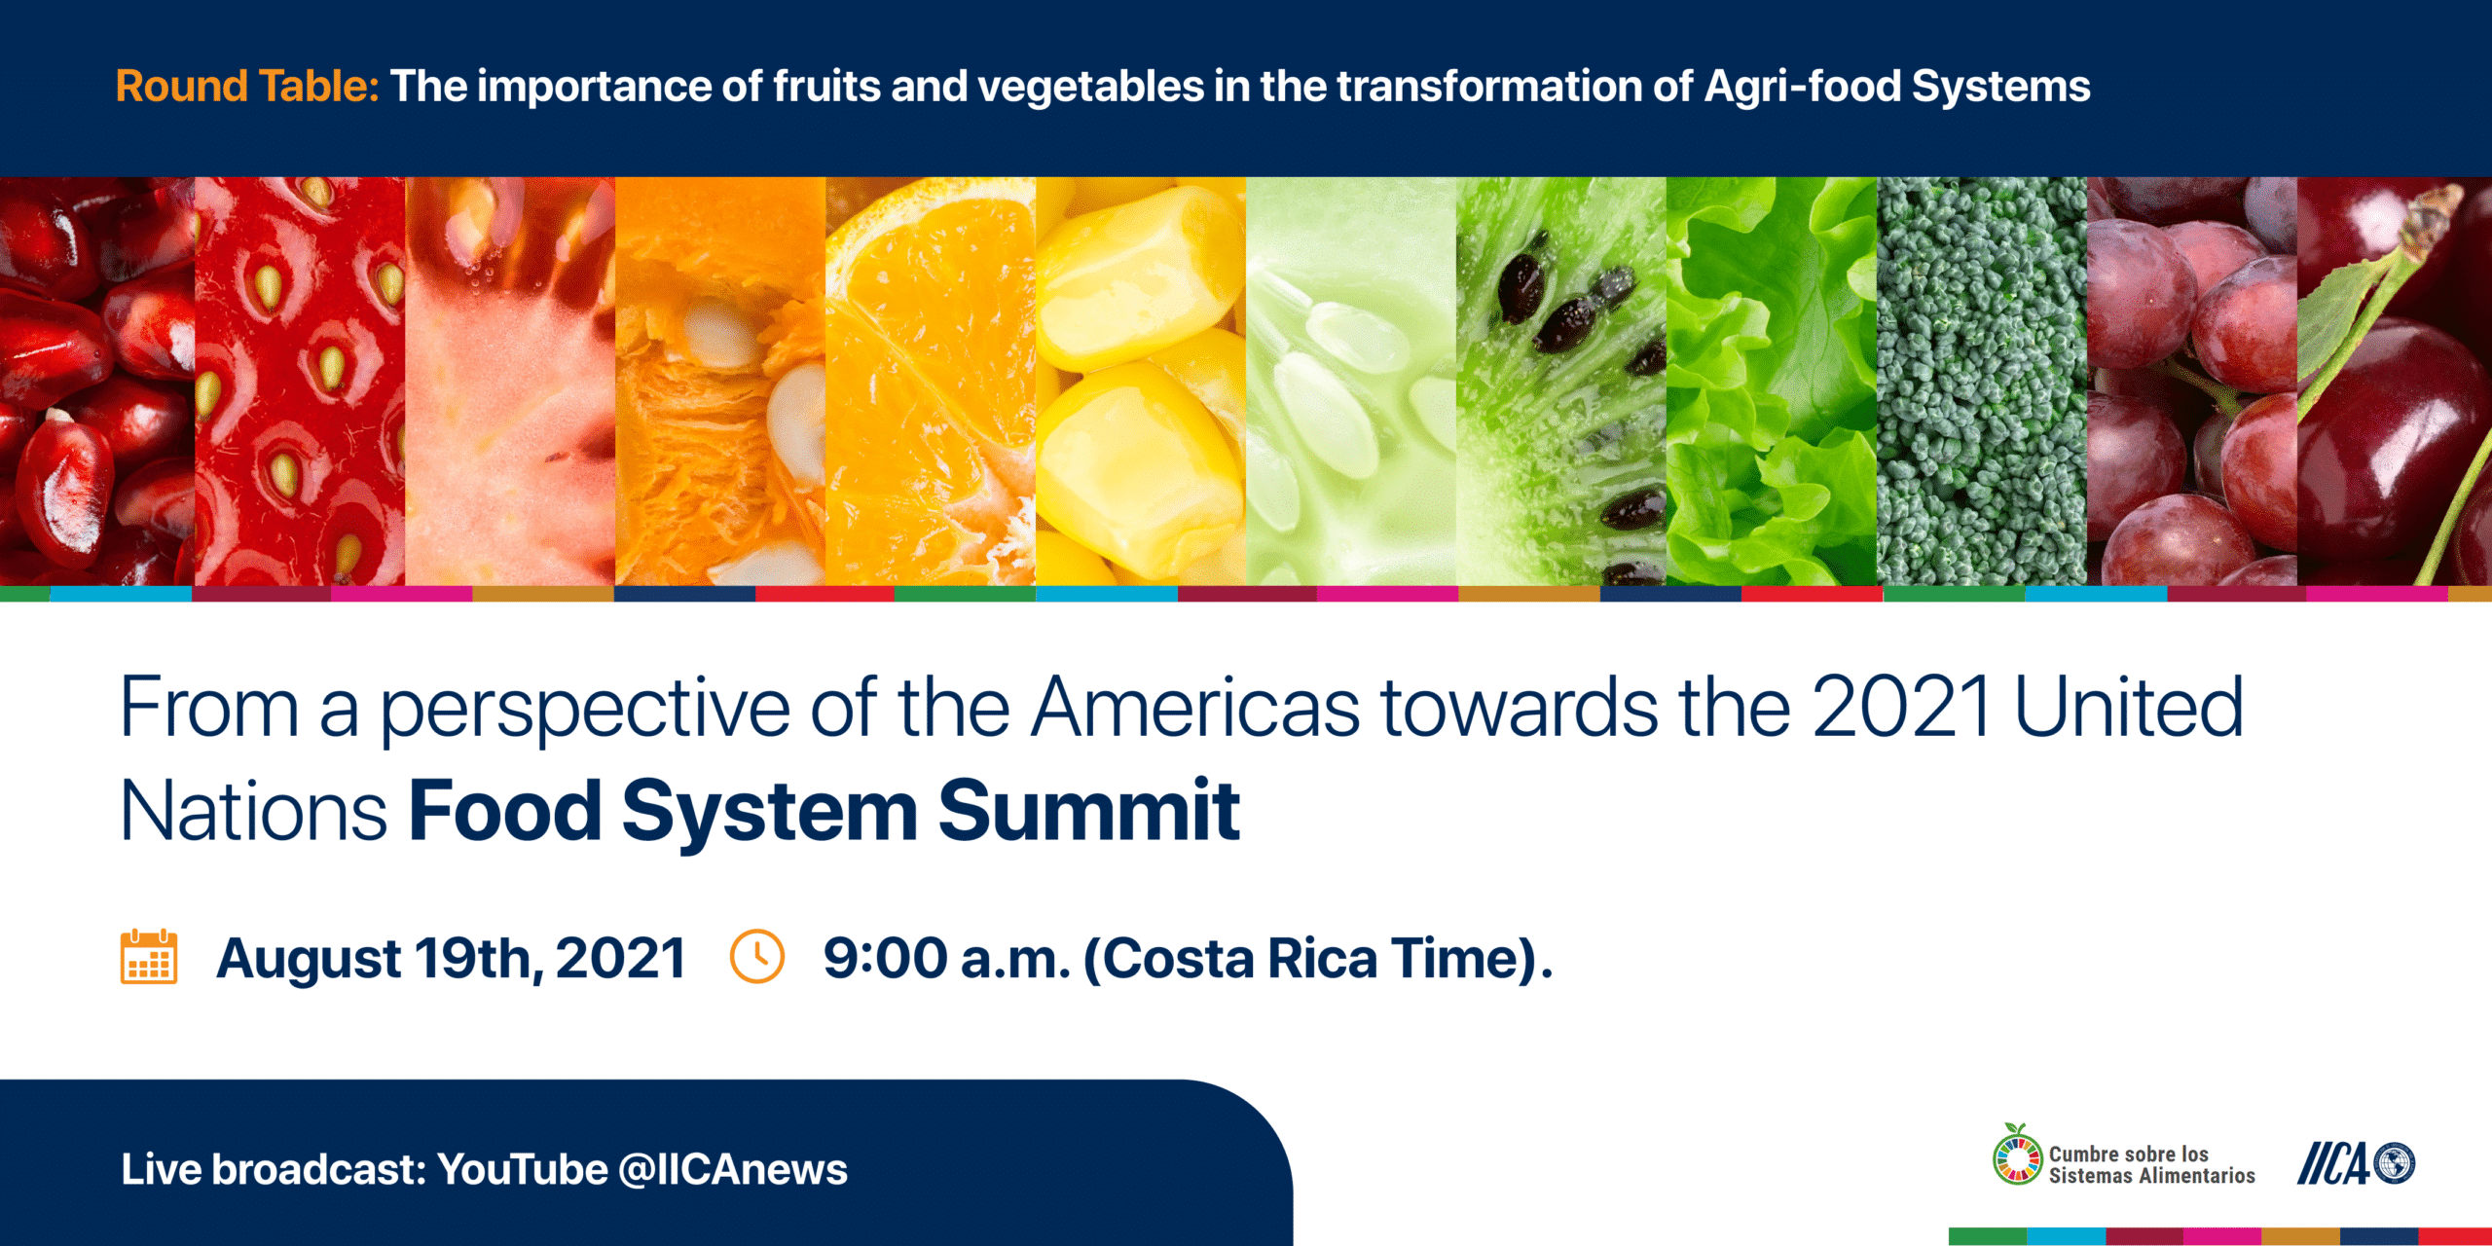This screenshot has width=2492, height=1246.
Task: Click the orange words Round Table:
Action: [247, 86]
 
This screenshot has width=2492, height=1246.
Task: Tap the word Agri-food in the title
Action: [1802, 88]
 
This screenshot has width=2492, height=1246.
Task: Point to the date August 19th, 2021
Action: [452, 959]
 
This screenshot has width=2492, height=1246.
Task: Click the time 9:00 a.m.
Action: [947, 959]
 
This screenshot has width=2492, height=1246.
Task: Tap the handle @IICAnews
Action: [733, 1169]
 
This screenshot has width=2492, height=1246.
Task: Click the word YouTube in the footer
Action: [523, 1169]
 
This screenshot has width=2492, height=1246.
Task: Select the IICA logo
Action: [2356, 1163]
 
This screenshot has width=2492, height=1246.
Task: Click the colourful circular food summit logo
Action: [2017, 1155]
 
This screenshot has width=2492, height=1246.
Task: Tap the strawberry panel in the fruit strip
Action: [300, 381]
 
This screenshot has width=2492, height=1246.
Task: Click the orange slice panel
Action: [931, 381]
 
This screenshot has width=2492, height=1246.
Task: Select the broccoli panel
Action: [1982, 381]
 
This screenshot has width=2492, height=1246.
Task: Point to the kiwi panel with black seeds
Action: [1561, 381]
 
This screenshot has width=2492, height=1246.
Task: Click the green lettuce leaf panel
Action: [1772, 381]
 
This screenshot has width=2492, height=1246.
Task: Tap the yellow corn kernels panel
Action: [1141, 381]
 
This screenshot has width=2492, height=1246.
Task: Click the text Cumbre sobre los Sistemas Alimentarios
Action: [2151, 1164]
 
